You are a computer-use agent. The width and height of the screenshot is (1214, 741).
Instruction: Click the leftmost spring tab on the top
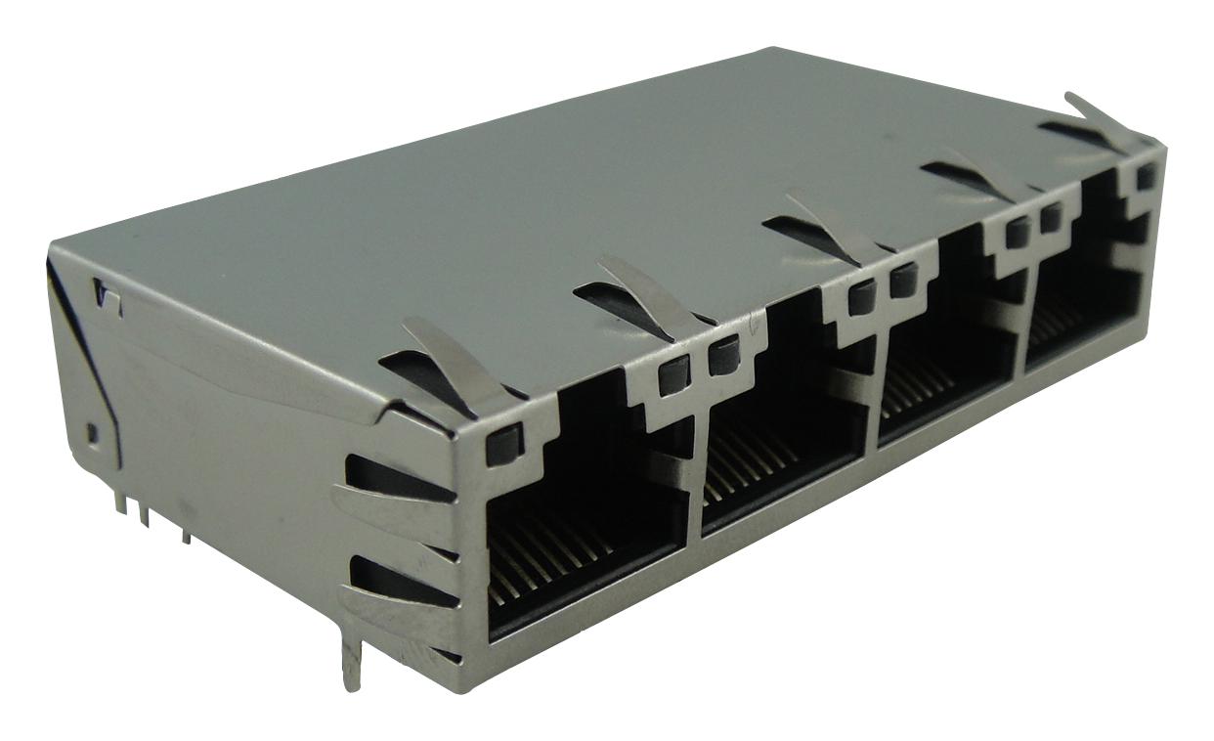459,366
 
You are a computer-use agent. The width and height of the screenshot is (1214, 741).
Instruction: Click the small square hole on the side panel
92,431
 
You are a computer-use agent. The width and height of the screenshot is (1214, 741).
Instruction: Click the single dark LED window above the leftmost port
503,445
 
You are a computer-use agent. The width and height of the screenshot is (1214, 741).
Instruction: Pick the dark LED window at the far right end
1147,176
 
